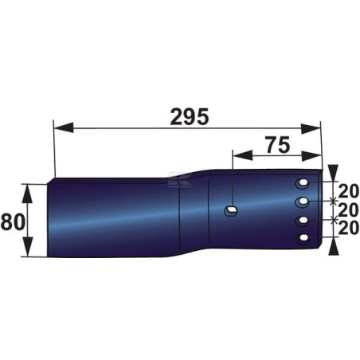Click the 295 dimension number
pos(190,117)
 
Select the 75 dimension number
pos(278,145)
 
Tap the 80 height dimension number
pos(13,222)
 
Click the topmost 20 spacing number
pos(349,191)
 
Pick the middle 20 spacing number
pos(349,209)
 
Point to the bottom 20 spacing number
pos(349,228)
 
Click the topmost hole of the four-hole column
pos(303,183)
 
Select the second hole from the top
pos(303,202)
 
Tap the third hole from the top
pos(303,221)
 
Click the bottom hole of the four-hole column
pos(303,238)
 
